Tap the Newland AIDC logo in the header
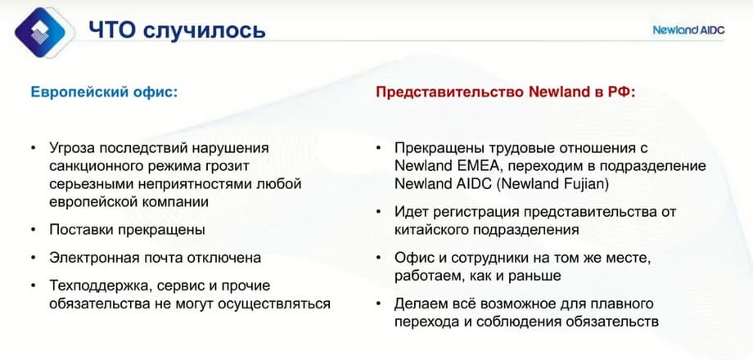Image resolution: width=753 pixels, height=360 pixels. (x=688, y=29)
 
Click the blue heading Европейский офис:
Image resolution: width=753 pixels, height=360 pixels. (x=104, y=92)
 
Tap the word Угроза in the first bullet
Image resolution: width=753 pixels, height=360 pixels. (x=72, y=147)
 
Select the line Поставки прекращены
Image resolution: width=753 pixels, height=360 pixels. (x=127, y=230)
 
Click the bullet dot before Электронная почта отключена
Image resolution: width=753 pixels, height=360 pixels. (x=33, y=258)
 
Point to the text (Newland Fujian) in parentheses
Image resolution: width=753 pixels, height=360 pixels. (x=552, y=185)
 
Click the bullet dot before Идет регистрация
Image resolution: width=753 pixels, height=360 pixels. (x=379, y=212)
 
